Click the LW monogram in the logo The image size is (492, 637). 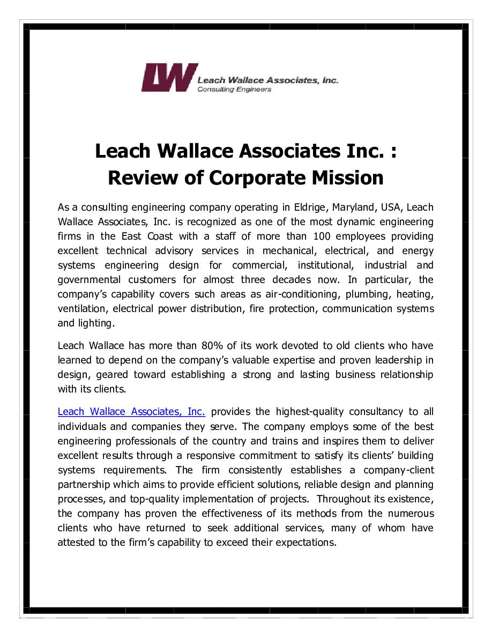(x=166, y=78)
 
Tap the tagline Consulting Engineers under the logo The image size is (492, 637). (x=234, y=90)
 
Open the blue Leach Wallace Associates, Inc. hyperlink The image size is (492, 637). (x=131, y=412)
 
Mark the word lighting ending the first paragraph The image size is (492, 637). (x=96, y=323)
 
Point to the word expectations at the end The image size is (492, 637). (x=306, y=543)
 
